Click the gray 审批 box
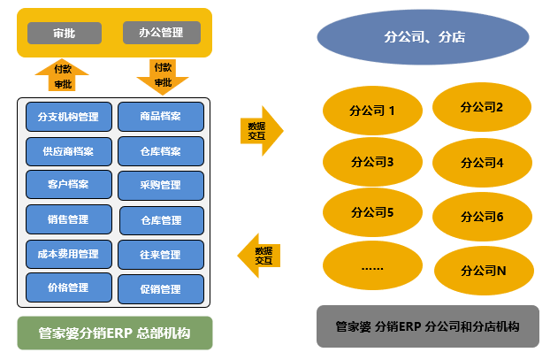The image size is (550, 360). [65, 33]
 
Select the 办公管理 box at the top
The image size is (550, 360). [161, 33]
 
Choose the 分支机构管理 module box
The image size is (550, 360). [69, 117]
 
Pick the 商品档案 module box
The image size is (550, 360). [161, 117]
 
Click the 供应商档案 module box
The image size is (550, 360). [69, 151]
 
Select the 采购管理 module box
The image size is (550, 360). [161, 186]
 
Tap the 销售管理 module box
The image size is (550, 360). [69, 219]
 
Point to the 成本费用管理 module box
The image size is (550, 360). [69, 255]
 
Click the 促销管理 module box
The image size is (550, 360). [161, 289]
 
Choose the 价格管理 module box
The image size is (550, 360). [69, 287]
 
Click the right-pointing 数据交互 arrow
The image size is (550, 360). [262, 131]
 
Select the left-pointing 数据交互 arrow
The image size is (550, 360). [260, 256]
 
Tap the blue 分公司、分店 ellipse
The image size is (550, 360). [426, 37]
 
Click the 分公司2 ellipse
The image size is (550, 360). [482, 107]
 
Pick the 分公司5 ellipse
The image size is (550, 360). [372, 212]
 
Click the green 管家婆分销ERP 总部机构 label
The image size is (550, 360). [115, 334]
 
